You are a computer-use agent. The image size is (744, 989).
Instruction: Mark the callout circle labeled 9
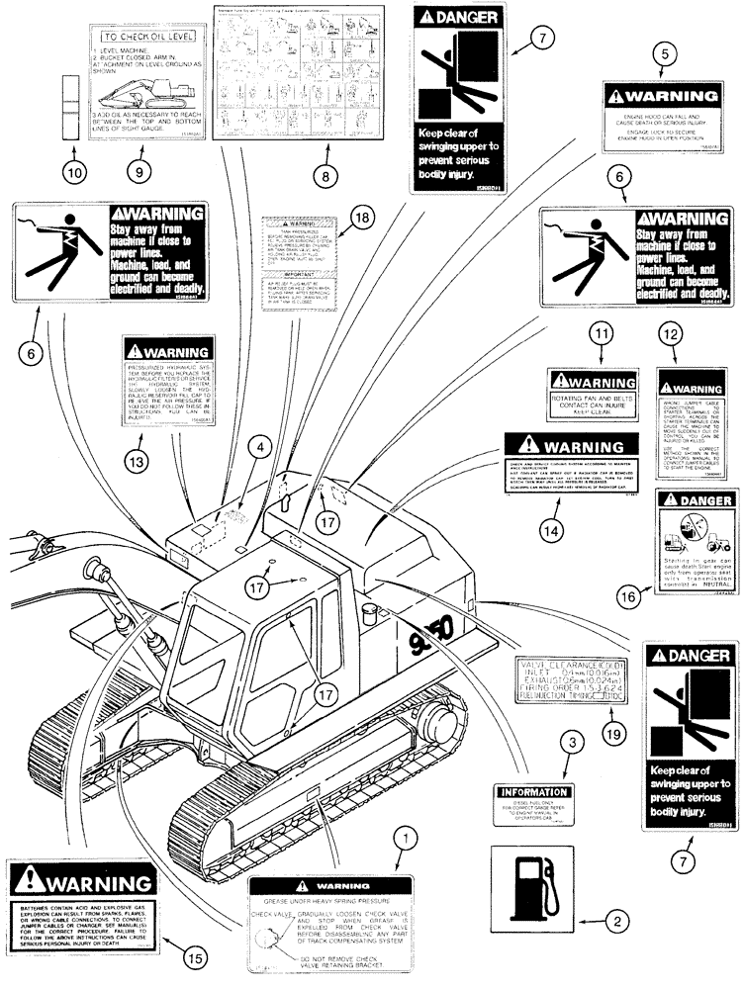pyautogui.click(x=139, y=168)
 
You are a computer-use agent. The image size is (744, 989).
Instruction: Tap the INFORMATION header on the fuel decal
pyautogui.click(x=535, y=792)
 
